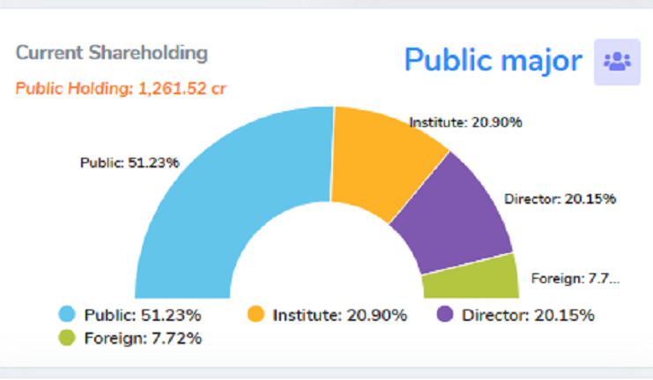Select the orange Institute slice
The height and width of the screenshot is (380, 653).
pos(379,159)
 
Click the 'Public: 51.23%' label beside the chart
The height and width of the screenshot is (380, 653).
pos(130,162)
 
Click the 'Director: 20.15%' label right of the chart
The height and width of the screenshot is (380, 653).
pos(560,198)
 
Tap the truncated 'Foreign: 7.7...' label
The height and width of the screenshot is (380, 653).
pos(575,279)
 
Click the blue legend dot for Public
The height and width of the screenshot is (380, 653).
pos(66,315)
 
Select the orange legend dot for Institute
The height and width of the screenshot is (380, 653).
pos(256,315)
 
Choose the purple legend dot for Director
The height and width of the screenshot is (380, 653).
pos(445,315)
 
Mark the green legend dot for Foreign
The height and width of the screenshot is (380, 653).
pos(66,337)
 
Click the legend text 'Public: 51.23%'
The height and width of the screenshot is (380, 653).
pos(143,315)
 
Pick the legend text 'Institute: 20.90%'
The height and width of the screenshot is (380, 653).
pos(339,315)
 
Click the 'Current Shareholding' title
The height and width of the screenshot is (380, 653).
pos(112,53)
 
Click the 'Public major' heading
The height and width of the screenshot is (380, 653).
pos(493,60)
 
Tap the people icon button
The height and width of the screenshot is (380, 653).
pos(617,62)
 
